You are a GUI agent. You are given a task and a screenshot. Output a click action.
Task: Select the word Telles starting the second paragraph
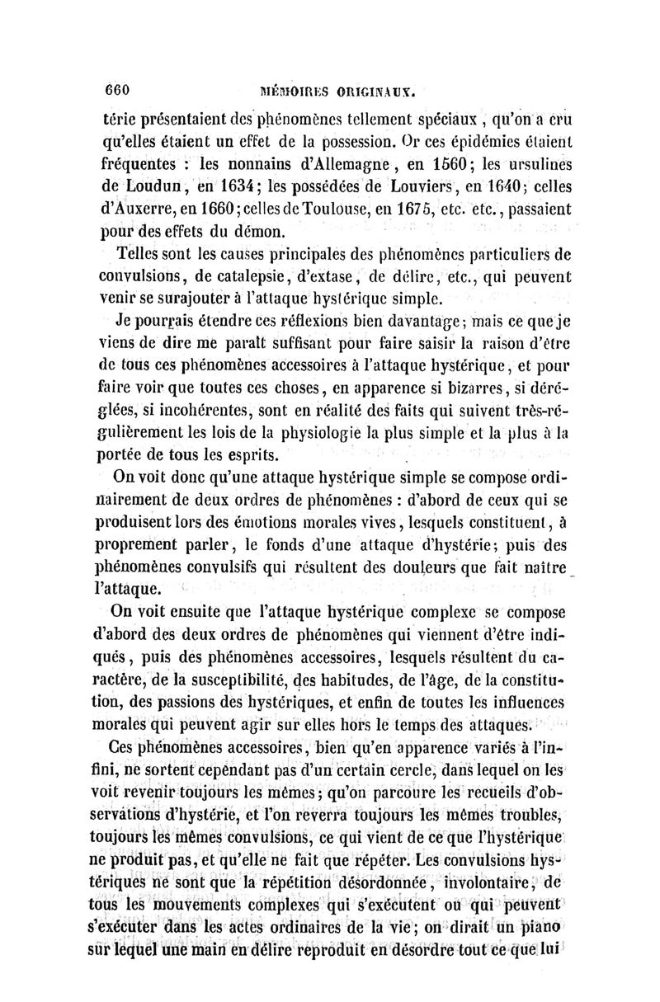click(140, 251)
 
